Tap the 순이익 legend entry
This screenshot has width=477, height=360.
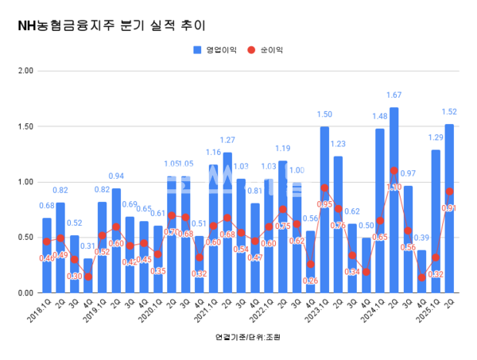(x=268, y=50)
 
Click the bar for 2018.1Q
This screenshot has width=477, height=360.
(x=47, y=255)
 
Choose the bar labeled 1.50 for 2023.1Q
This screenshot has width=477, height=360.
(x=325, y=210)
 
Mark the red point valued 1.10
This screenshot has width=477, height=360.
(x=394, y=171)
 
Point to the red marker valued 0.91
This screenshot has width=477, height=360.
(x=450, y=192)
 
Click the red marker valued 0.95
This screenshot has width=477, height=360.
(x=325, y=188)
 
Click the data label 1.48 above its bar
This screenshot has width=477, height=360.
(x=380, y=118)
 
